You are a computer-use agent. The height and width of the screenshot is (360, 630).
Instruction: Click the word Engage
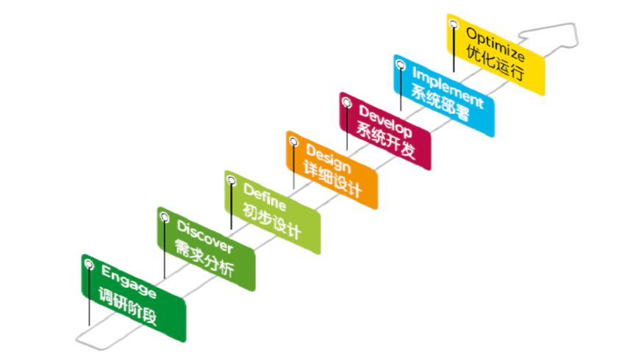pyautogui.click(x=129, y=281)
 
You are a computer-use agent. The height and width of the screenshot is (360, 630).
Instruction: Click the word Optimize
pyautogui.click(x=496, y=45)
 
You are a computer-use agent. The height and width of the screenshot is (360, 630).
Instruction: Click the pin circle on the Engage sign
pyautogui.click(x=89, y=264)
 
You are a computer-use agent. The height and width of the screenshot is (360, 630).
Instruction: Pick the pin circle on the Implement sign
pyautogui.click(x=400, y=65)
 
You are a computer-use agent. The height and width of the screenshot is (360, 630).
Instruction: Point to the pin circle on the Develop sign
pyautogui.click(x=346, y=104)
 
